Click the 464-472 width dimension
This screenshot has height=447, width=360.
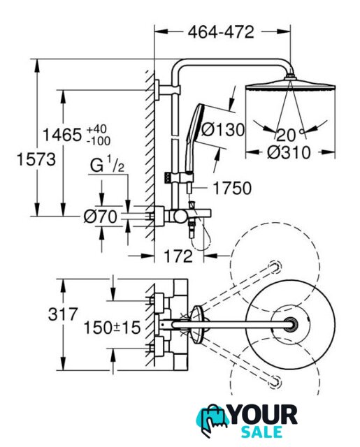click(221, 32)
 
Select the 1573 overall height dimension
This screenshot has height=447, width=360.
click(36, 159)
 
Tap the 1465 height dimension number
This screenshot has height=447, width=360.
click(62, 135)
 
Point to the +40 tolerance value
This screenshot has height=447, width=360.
click(96, 129)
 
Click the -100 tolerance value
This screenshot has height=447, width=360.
click(99, 141)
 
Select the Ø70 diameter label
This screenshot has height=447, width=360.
click(101, 217)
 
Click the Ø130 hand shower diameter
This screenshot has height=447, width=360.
click(223, 130)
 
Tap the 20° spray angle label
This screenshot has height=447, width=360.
click(289, 135)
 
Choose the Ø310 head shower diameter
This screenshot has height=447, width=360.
click(289, 152)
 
